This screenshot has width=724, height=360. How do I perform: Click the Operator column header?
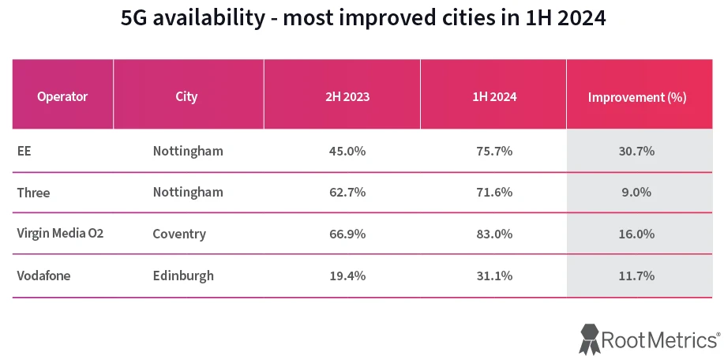click(x=62, y=97)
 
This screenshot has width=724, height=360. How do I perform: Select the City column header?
click(x=186, y=97)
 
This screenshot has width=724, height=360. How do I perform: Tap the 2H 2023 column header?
click(x=347, y=97)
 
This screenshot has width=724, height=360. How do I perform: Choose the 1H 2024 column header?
click(x=494, y=97)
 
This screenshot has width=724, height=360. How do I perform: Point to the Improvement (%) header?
click(x=637, y=97)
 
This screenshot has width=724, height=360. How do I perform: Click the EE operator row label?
click(x=24, y=150)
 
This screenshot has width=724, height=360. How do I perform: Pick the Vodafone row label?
click(x=43, y=276)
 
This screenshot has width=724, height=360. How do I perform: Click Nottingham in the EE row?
click(x=188, y=150)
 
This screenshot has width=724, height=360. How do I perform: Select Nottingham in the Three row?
click(x=188, y=192)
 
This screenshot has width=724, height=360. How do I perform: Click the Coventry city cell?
click(x=179, y=234)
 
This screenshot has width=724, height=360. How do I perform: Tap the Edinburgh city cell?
click(x=183, y=276)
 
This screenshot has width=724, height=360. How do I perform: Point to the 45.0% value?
click(x=347, y=150)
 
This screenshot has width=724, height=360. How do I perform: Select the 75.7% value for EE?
click(x=494, y=150)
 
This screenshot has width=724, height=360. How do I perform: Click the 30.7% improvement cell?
click(x=637, y=150)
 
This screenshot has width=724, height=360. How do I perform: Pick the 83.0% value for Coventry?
click(x=494, y=234)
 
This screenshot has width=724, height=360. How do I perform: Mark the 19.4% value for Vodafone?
click(x=347, y=276)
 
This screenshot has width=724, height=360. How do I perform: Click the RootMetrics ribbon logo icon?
click(x=591, y=338)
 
